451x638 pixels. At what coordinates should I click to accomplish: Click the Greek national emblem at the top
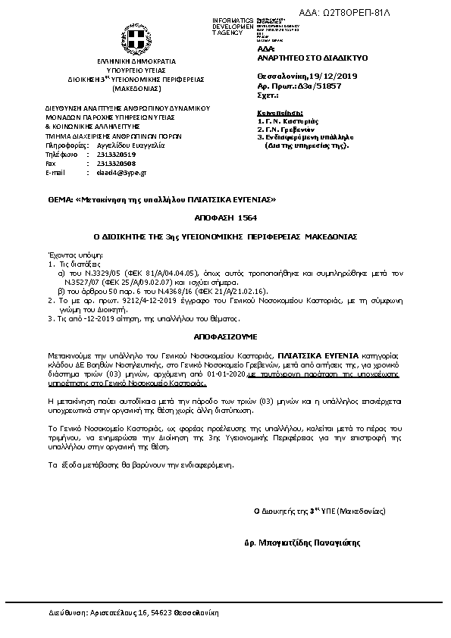[x=136, y=39]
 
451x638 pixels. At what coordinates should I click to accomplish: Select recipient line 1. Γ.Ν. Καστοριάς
[x=288, y=121]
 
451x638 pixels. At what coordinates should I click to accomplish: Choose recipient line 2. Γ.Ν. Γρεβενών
[x=287, y=130]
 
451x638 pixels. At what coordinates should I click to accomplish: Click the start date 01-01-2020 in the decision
[x=227, y=374]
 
